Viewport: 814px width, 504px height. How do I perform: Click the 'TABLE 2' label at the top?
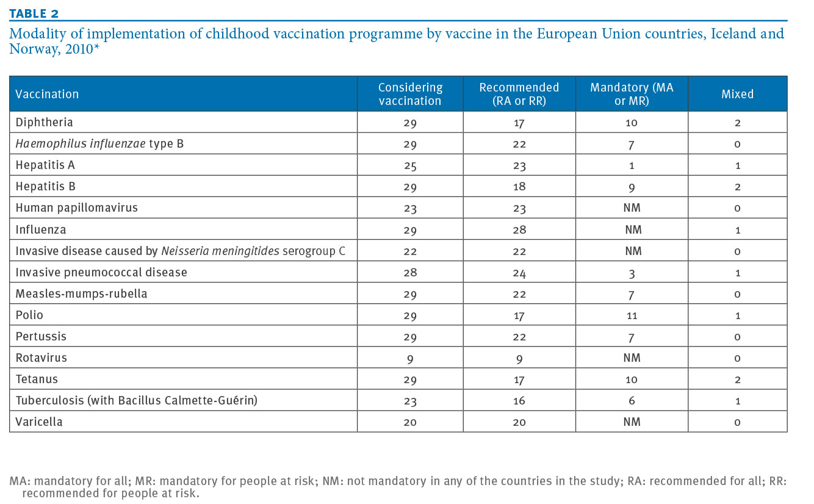tap(34, 13)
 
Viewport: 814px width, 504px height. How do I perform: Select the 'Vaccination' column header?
tap(47, 94)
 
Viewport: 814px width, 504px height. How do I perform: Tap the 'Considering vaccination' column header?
tap(410, 94)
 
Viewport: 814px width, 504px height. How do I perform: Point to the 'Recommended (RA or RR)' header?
tap(519, 94)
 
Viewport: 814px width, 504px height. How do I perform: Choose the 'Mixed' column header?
tap(737, 94)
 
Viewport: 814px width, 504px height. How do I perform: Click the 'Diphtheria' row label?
tap(44, 122)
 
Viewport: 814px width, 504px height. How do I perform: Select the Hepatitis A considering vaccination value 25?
tap(410, 166)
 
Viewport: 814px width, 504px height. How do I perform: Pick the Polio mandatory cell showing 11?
tap(632, 315)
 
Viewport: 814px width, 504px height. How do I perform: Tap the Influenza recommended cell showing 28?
tap(519, 229)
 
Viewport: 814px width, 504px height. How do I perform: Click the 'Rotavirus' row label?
tap(41, 358)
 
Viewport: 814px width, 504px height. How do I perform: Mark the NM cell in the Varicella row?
tap(632, 422)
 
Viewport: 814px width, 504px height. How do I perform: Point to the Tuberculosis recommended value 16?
tap(519, 400)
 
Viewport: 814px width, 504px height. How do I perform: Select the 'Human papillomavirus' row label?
tap(76, 208)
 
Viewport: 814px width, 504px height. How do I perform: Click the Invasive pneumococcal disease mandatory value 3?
tap(632, 273)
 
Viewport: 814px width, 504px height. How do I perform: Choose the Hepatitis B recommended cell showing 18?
tap(519, 187)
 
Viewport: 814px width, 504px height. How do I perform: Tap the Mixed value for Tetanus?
tap(737, 380)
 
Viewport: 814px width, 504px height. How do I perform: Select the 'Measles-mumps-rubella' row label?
tap(81, 293)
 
